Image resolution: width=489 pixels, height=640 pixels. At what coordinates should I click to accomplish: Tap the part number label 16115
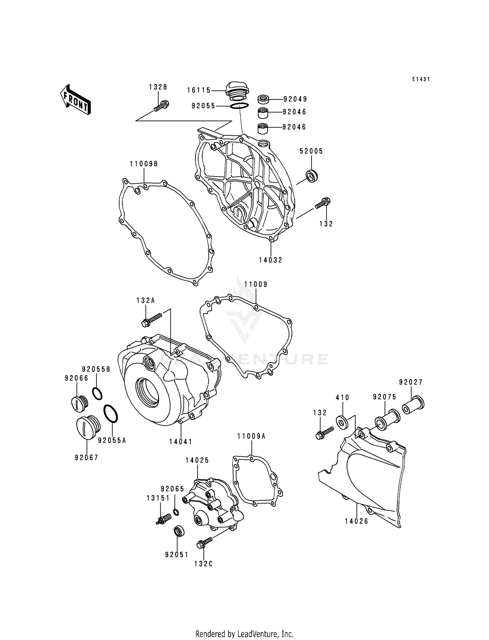click(x=199, y=90)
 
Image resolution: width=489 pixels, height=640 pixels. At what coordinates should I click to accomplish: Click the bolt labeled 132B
click(x=161, y=106)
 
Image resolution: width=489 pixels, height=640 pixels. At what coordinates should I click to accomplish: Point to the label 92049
click(x=295, y=99)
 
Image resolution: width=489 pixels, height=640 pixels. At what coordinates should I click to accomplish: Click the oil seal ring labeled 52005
click(x=312, y=176)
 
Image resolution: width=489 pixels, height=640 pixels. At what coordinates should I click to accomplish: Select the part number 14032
click(x=271, y=260)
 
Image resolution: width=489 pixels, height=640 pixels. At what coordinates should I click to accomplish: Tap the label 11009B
click(x=143, y=164)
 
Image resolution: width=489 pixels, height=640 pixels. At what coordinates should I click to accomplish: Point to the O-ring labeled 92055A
click(x=111, y=414)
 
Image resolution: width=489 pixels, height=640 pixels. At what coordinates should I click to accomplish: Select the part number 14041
click(x=181, y=442)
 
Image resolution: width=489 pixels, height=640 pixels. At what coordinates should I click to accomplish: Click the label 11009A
click(x=251, y=436)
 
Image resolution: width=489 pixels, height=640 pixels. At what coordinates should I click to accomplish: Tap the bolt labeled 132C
click(x=204, y=543)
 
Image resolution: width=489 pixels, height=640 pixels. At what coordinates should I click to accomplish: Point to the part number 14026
click(x=356, y=521)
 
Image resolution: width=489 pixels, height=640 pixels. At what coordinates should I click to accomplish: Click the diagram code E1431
click(x=421, y=79)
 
